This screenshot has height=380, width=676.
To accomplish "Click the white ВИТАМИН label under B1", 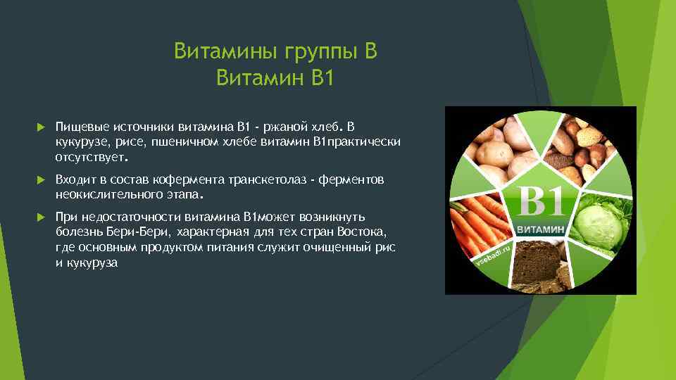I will (x=541, y=230).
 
